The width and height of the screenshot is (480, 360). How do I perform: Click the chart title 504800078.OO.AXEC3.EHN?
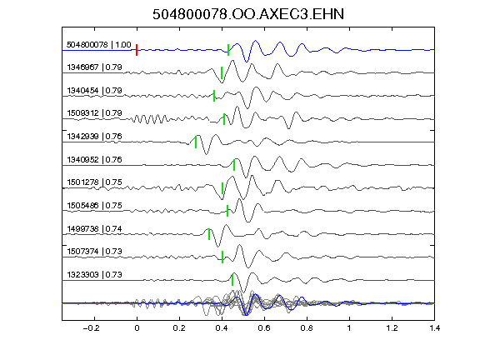pyautogui.click(x=248, y=14)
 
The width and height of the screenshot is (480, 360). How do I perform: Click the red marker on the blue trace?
pyautogui.click(x=137, y=50)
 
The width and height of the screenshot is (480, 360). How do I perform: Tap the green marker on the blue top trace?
pyautogui.click(x=228, y=50)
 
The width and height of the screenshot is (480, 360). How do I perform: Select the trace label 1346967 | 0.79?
pyautogui.click(x=95, y=67)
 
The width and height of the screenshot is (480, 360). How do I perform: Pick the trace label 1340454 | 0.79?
pyautogui.click(x=95, y=91)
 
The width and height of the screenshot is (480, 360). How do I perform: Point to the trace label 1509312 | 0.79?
pyautogui.click(x=95, y=113)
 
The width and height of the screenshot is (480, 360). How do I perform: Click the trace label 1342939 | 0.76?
pyautogui.click(x=95, y=136)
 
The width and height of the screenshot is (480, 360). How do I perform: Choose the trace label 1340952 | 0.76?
pyautogui.click(x=95, y=159)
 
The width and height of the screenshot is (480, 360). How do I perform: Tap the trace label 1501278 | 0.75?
pyautogui.click(x=95, y=182)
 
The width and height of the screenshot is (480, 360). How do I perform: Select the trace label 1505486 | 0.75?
pyautogui.click(x=95, y=205)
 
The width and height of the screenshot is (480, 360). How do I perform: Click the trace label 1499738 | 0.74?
pyautogui.click(x=95, y=228)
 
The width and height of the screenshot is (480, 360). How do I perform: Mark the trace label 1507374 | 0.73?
pyautogui.click(x=95, y=252)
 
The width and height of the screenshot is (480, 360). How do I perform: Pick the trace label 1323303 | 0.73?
pyautogui.click(x=95, y=275)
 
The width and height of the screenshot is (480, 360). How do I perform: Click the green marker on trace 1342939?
pyautogui.click(x=196, y=142)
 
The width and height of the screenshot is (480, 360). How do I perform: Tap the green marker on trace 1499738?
pyautogui.click(x=209, y=234)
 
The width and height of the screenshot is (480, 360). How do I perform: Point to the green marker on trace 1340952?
pyautogui.click(x=234, y=165)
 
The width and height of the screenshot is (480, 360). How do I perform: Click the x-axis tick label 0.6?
pyautogui.click(x=264, y=328)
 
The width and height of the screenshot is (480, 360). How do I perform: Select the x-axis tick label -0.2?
pyautogui.click(x=91, y=328)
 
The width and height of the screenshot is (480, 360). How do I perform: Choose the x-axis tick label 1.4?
pyautogui.click(x=435, y=328)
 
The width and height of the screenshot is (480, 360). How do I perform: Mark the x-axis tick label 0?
pyautogui.click(x=137, y=328)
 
